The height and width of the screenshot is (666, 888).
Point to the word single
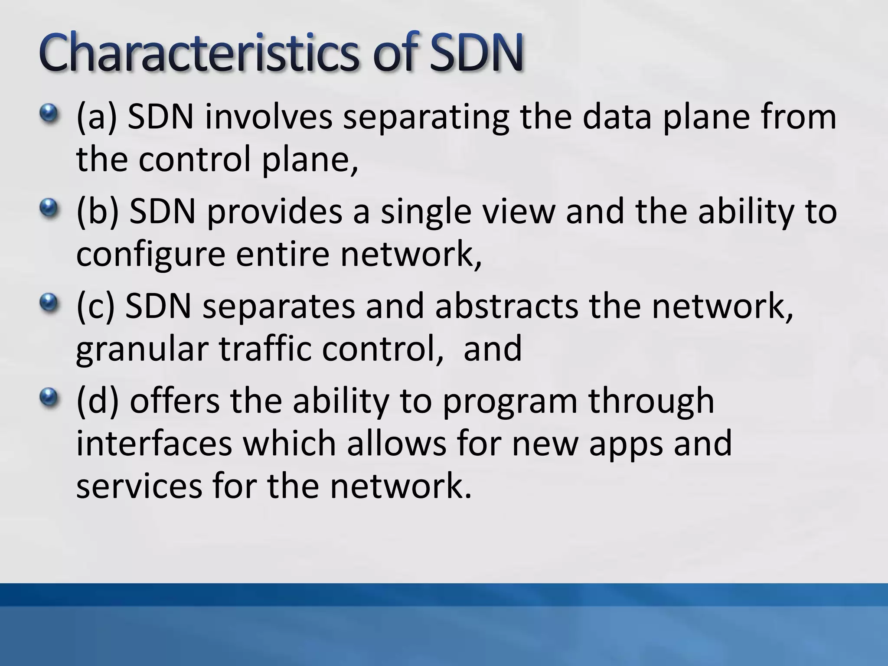point(426,212)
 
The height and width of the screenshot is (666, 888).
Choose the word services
point(139,485)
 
